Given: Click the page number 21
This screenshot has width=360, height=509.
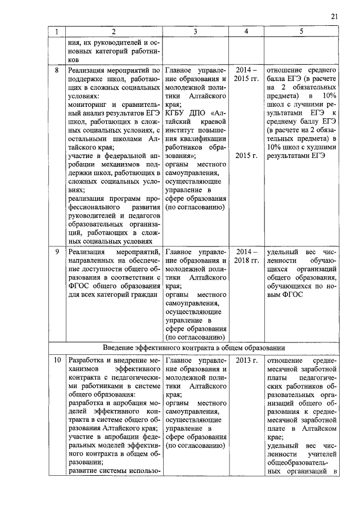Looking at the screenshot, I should click(x=334, y=17).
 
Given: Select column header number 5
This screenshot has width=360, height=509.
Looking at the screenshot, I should click(x=301, y=32).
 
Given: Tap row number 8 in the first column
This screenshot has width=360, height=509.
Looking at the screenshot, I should click(x=56, y=71).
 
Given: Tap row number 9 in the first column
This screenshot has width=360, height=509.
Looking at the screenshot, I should click(x=56, y=251).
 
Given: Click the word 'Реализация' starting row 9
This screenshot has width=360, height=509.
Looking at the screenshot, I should click(x=86, y=251).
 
